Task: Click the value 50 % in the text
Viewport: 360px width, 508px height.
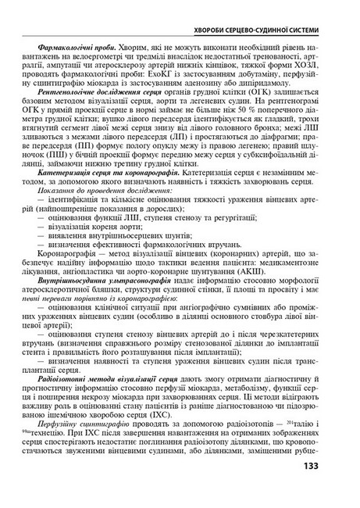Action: click(x=226, y=129)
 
